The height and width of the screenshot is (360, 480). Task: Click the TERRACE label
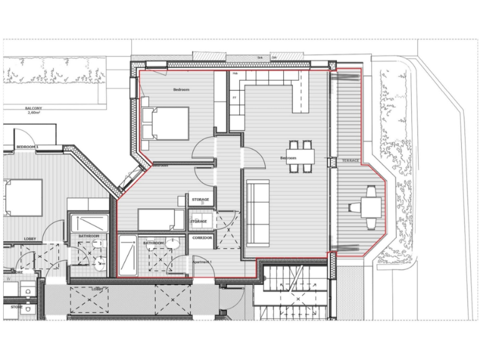(x=351, y=161)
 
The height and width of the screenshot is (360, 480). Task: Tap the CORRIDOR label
(x=202, y=238)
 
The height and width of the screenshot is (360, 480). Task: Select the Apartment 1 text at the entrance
(x=202, y=261)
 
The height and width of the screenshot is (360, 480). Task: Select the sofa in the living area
(x=256, y=213)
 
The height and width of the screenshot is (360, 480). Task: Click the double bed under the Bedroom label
(x=165, y=123)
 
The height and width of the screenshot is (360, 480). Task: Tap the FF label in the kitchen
(x=234, y=97)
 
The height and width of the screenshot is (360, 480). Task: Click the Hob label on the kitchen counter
(x=235, y=74)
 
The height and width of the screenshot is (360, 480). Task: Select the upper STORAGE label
(x=201, y=200)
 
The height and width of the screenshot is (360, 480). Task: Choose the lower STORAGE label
(x=199, y=221)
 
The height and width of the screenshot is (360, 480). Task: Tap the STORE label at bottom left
(x=17, y=307)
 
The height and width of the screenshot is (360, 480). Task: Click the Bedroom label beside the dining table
(x=288, y=158)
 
